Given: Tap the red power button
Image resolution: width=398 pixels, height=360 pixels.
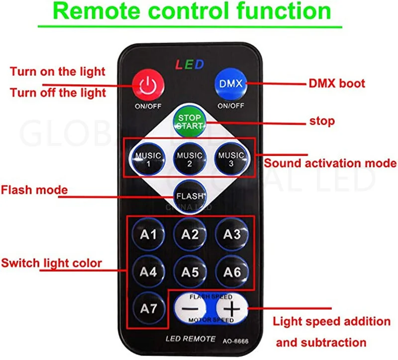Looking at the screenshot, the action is pyautogui.click(x=147, y=84).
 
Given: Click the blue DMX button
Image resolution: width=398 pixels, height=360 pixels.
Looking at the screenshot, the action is pyautogui.click(x=231, y=84).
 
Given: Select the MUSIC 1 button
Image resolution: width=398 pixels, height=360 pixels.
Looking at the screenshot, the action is pyautogui.click(x=148, y=159).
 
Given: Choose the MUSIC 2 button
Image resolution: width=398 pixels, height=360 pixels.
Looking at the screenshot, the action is pyautogui.click(x=190, y=159).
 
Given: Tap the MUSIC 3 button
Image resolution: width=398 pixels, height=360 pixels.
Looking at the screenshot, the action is pyautogui.click(x=231, y=159).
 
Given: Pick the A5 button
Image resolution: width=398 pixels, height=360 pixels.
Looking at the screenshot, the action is pyautogui.click(x=190, y=272).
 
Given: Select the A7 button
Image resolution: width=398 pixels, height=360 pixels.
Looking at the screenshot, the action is pyautogui.click(x=148, y=309).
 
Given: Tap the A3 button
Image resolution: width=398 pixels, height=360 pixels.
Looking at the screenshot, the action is pyautogui.click(x=231, y=235).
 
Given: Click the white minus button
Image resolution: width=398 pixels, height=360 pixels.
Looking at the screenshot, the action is pyautogui.click(x=190, y=309).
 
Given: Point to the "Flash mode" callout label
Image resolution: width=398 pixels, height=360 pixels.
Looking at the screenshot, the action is pyautogui.click(x=34, y=190).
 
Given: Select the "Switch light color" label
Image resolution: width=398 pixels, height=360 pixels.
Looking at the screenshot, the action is pyautogui.click(x=51, y=263).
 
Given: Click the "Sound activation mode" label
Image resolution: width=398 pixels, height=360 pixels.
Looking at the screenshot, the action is pyautogui.click(x=330, y=163).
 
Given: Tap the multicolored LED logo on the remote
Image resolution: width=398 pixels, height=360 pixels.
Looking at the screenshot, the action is pyautogui.click(x=190, y=65).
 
